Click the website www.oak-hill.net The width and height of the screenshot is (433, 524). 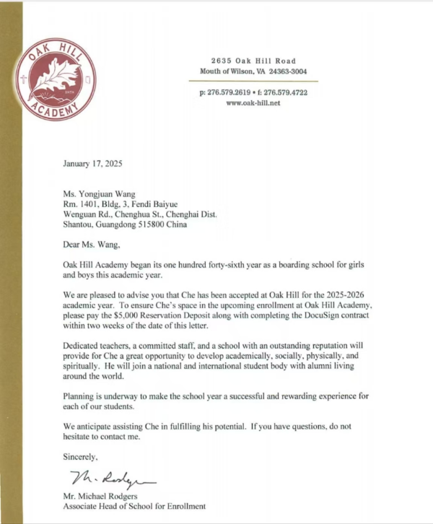point(253,103)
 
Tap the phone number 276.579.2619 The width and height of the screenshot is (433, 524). point(229,93)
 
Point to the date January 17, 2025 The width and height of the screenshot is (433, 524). point(92,163)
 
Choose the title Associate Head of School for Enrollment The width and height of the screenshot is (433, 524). point(134,506)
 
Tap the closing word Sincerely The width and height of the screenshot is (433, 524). point(79,457)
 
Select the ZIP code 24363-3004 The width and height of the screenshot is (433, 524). point(288,71)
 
